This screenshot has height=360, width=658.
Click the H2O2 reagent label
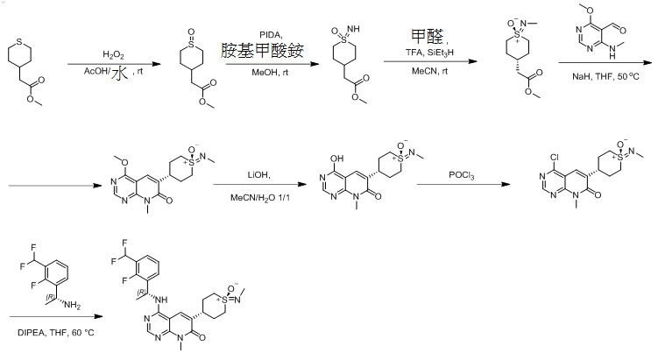pos(113,55)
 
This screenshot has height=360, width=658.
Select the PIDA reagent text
pos(271,35)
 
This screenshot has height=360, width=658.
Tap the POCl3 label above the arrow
pos(461,175)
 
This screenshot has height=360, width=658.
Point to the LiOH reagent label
pos(258,175)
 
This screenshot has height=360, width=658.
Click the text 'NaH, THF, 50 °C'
pos(605,76)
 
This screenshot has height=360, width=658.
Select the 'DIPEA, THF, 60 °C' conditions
pos(56,333)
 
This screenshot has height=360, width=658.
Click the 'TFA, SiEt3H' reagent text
pos(429,53)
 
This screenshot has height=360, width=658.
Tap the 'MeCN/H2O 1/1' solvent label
pos(259,198)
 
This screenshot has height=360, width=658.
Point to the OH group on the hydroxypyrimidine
pos(336,159)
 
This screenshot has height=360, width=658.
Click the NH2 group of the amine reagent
pos(72,305)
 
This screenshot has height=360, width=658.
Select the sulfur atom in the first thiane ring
pos(19,42)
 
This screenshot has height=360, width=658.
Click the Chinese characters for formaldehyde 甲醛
pos(427,36)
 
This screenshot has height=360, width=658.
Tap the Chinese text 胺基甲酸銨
pos(262,51)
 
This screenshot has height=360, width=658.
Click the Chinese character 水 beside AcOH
pos(120,74)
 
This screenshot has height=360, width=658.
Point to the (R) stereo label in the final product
pos(141,292)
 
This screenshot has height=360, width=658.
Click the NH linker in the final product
pos(160,300)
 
